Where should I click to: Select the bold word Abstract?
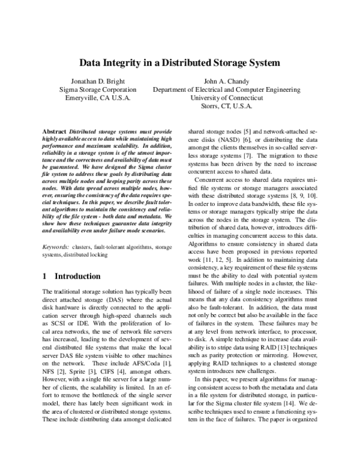[56, 131]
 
